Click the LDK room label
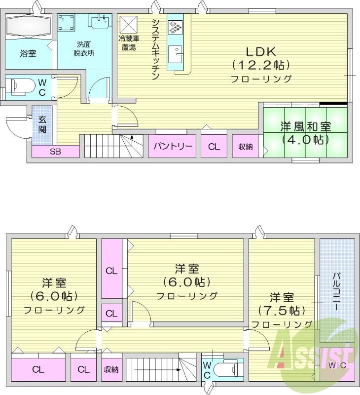click(x=261, y=52)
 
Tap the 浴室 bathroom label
click(x=28, y=53)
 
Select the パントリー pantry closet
click(x=173, y=146)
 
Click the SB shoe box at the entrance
click(x=55, y=152)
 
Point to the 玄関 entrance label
click(x=42, y=125)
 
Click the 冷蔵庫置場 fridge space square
click(x=130, y=24)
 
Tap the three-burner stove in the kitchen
click(x=176, y=26)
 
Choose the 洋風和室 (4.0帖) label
click(x=306, y=133)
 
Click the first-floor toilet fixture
click(x=21, y=85)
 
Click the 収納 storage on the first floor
click(x=245, y=147)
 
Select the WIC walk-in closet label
click(x=338, y=365)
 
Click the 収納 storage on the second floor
click(x=111, y=369)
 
